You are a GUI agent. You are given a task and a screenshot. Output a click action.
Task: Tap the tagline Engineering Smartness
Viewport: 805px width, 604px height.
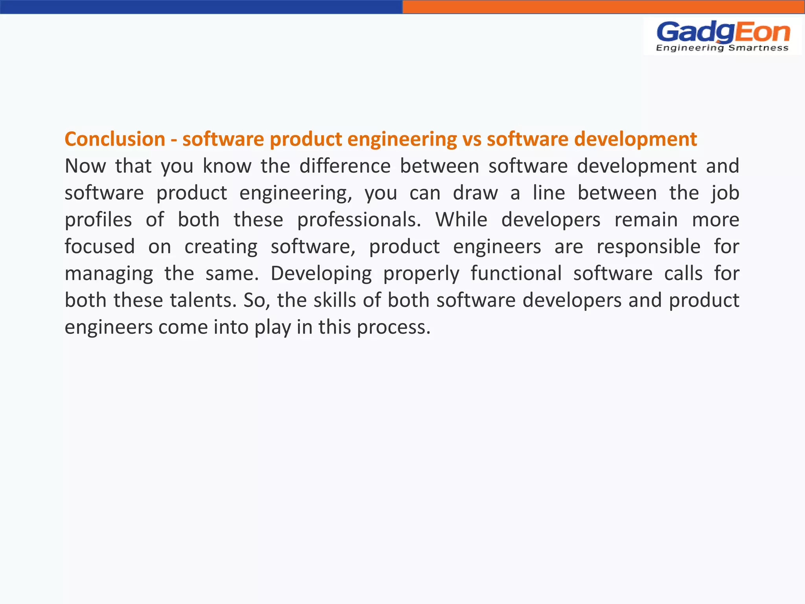tap(722, 48)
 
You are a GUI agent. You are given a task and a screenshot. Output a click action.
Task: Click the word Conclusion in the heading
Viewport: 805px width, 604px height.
tap(115, 139)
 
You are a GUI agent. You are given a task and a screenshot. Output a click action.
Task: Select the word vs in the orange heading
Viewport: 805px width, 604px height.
tap(472, 139)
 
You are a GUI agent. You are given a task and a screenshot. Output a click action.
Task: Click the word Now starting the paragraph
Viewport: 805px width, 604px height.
tap(85, 166)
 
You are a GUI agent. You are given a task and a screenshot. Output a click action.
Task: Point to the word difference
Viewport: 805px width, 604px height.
tap(345, 166)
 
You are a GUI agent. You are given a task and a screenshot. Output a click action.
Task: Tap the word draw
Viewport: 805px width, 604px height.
tap(475, 193)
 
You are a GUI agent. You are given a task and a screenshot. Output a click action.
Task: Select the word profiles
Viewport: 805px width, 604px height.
tap(98, 220)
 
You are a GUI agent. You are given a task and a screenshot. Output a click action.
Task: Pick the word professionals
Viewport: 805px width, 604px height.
tap(359, 220)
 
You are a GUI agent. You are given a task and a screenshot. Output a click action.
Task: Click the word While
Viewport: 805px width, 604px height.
tap(461, 220)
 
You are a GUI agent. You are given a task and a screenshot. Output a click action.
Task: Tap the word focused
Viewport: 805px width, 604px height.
tap(100, 247)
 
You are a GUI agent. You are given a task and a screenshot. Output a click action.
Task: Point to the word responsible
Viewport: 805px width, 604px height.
tap(649, 247)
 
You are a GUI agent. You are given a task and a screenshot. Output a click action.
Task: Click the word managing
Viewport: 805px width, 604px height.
tap(109, 274)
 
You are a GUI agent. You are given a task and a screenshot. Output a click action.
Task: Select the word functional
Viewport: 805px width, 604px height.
tap(516, 274)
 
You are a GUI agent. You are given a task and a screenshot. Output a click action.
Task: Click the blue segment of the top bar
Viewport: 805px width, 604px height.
tap(201, 7)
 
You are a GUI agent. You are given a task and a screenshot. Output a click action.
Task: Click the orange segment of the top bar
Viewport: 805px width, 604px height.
tap(604, 7)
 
